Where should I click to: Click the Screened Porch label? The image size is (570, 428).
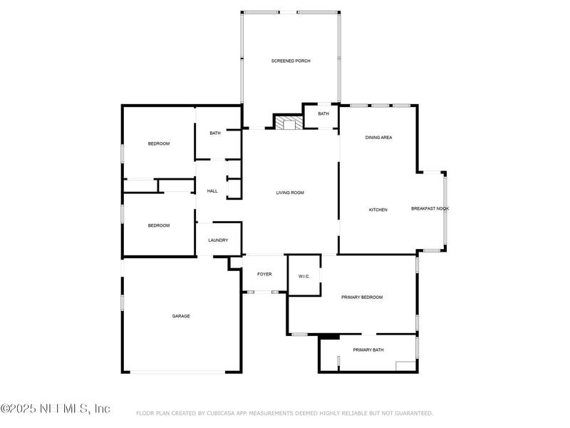click(x=291, y=61)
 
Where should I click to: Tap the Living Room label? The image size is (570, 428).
click(x=290, y=193)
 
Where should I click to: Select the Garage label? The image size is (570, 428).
click(x=181, y=316)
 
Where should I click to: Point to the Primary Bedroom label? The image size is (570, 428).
click(x=362, y=297)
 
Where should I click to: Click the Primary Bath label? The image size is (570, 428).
click(x=368, y=350)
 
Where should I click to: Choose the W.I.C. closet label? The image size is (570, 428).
click(x=304, y=276)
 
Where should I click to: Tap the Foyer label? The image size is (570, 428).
click(x=264, y=274)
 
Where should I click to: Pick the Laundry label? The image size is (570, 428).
click(x=218, y=240)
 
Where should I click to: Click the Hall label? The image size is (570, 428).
click(x=212, y=191)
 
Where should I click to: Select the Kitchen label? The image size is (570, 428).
click(x=378, y=210)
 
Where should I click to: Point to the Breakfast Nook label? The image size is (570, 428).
click(x=430, y=208)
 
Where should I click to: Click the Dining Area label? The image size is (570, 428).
click(x=378, y=138)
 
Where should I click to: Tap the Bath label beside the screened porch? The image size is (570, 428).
click(x=323, y=114)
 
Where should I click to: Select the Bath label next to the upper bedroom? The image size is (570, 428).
click(x=215, y=133)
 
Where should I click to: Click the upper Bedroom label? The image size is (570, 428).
click(x=159, y=144)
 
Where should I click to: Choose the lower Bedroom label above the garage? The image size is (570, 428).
click(x=159, y=225)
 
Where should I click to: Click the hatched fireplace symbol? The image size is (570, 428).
click(x=289, y=124)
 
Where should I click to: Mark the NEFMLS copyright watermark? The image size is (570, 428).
click(x=56, y=409)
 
